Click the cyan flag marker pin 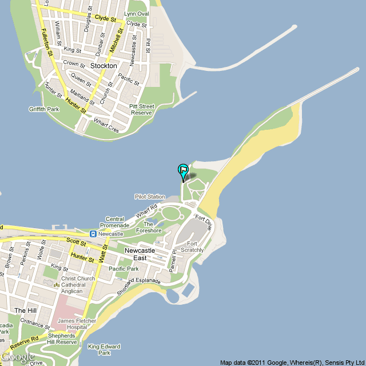coord(183,170)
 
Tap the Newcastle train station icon coord(92,234)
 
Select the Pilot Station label coord(150,197)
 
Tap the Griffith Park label coord(43,109)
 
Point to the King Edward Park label coord(104,349)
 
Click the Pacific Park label coord(124,269)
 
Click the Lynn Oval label coord(136,14)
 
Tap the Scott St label coord(75,242)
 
